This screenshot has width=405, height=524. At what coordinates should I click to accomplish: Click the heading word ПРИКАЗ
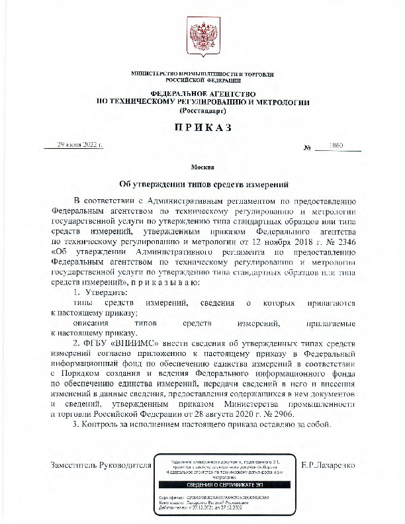tap(202, 128)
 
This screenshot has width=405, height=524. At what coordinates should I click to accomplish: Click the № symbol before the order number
tap(307, 146)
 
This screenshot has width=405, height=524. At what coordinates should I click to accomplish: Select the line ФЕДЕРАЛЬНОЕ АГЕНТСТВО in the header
tap(202, 94)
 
